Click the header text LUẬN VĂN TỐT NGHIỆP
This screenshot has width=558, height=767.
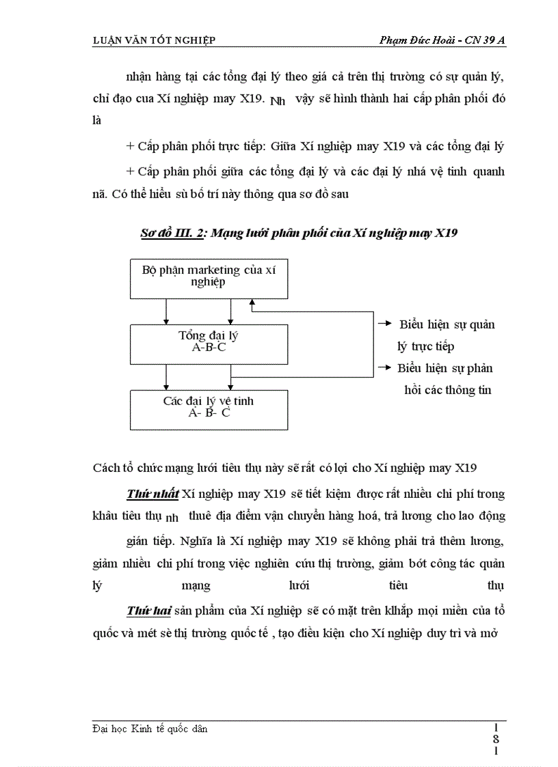154,40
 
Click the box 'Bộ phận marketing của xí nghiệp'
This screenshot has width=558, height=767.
209,277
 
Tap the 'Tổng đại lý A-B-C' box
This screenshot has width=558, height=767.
209,341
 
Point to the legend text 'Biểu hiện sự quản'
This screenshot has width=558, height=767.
447,324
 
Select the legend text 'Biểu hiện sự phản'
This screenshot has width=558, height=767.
445,368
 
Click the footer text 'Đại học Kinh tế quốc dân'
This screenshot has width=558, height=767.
150,729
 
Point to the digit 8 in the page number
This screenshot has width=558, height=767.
496,739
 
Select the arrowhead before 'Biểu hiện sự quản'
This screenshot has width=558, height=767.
386,324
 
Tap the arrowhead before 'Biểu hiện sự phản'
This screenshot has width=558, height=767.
386,368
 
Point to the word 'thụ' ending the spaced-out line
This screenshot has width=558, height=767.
494,586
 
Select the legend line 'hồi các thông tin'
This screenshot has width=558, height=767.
449,390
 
